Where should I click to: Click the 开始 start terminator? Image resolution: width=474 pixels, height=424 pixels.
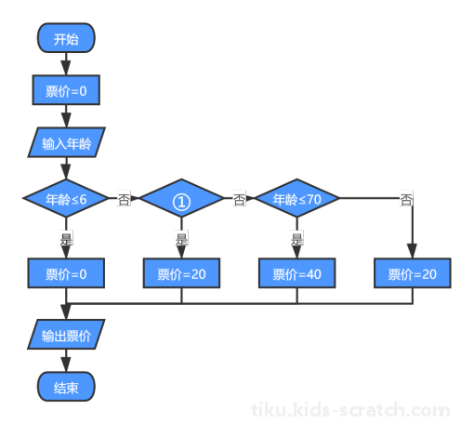(66, 38)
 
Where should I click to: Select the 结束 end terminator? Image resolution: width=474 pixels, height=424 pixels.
(66, 387)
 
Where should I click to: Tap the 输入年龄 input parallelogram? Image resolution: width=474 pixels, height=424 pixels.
(66, 142)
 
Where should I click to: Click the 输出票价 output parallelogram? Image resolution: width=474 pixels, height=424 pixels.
(66, 335)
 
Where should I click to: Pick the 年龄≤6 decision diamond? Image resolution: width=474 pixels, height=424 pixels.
(66, 198)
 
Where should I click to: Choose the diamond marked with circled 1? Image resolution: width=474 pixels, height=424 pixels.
(181, 198)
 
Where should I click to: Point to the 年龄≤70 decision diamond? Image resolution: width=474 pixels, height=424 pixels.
(296, 198)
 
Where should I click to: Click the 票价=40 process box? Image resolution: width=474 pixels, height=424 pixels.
(296, 273)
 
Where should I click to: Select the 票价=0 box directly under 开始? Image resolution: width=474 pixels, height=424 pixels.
(66, 90)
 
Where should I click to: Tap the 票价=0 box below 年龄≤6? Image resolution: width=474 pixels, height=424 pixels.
(66, 273)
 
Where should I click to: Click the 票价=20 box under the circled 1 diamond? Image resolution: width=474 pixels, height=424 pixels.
(181, 273)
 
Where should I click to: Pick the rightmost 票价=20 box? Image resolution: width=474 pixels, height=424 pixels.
(413, 273)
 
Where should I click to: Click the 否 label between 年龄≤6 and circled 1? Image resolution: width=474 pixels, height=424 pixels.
(124, 199)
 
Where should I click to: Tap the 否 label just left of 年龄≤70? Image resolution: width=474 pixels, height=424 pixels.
(239, 199)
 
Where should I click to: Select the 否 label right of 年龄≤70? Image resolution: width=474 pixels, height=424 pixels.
(406, 199)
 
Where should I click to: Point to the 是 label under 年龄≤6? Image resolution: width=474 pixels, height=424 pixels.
(66, 238)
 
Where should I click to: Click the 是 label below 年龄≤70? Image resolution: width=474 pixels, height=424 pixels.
(297, 238)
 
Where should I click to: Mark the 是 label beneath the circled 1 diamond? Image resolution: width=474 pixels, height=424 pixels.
(181, 238)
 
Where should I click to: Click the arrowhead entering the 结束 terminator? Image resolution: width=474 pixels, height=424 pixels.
(66, 364)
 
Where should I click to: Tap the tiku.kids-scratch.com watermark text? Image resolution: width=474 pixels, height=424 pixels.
(350, 410)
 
